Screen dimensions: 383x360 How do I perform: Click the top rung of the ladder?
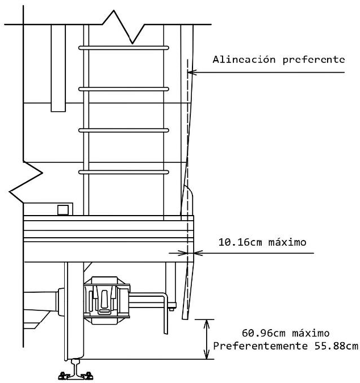pyautogui.click(x=124, y=47)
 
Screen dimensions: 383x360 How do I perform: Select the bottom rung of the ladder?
pyautogui.click(x=124, y=171)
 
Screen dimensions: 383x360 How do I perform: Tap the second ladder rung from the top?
pyautogui.click(x=124, y=89)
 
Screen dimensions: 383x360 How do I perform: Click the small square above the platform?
pyautogui.click(x=64, y=209)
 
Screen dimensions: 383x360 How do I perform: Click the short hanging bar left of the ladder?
pyautogui.click(x=58, y=68)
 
